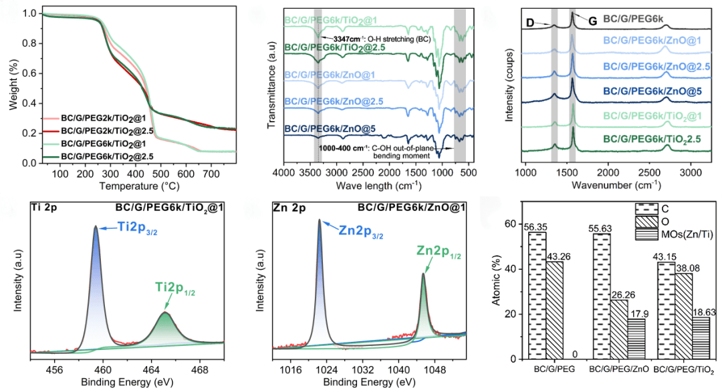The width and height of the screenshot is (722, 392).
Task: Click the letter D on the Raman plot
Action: (x=530, y=23)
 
